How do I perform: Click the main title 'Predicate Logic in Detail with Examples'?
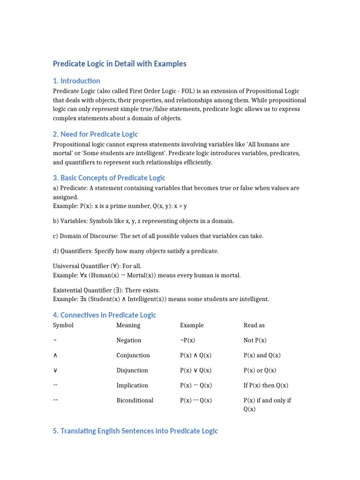pos(120,64)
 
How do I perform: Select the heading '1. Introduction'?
pos(76,81)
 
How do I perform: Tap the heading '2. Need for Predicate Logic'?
pos(95,135)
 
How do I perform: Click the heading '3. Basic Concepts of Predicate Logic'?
pos(109,178)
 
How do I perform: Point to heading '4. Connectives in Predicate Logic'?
pos(105,315)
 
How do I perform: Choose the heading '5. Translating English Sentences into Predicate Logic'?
pos(135,431)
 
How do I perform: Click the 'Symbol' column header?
pos(63,325)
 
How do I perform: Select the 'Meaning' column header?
pos(128,325)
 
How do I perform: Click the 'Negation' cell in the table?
pos(129,340)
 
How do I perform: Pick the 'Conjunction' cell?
pos(133,355)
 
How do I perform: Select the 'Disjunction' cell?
pos(132,370)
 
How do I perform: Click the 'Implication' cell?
pos(132,385)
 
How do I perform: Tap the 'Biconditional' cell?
pos(135,400)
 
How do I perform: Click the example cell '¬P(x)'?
pos(189,340)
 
